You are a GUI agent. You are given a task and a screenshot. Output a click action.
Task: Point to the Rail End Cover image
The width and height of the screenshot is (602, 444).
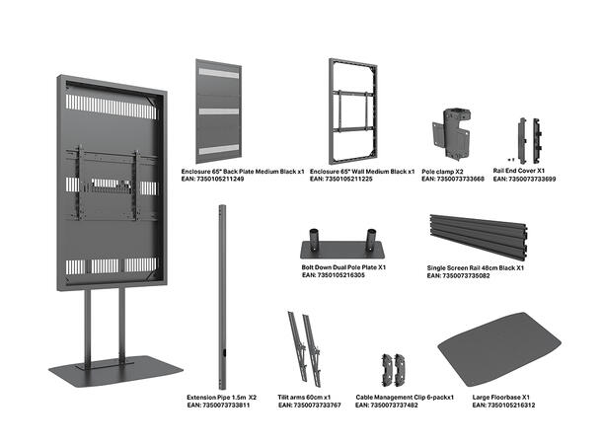pos(528,142)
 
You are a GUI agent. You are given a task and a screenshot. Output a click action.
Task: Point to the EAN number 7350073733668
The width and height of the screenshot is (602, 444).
pos(453,180)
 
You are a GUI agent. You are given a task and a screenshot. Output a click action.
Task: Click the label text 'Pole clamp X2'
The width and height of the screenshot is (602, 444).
pos(444,171)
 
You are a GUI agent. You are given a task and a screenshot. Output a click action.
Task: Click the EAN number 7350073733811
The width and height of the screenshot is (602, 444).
pos(218,406)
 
